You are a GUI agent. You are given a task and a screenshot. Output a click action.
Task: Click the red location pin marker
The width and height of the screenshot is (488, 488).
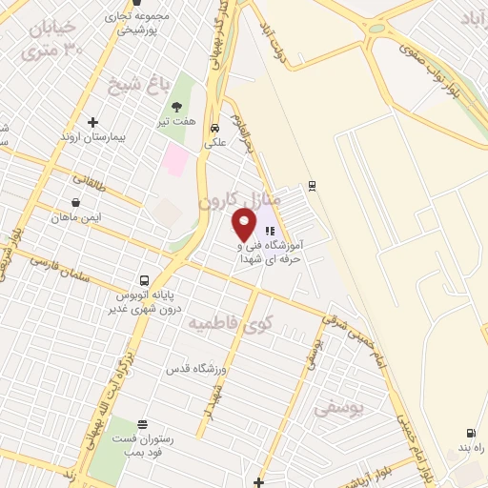(x=245, y=226)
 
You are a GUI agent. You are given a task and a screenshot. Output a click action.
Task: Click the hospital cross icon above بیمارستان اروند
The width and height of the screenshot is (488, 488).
(x=92, y=122)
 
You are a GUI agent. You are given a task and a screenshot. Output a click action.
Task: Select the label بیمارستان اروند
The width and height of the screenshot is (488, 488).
(x=93, y=136)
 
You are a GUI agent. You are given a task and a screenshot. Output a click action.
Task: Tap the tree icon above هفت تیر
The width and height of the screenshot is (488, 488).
(x=176, y=108)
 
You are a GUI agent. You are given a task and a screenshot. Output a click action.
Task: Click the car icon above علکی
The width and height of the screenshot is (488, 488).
(x=215, y=128)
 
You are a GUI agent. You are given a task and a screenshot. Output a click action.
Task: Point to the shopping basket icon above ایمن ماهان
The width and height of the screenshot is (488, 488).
(x=75, y=202)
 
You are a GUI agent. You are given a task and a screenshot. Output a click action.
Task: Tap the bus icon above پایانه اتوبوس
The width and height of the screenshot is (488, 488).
(x=144, y=280)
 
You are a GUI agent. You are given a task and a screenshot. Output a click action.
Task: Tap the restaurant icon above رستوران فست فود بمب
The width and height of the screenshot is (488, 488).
(x=143, y=424)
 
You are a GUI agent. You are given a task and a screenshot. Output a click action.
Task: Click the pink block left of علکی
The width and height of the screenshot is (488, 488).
(x=175, y=158)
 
